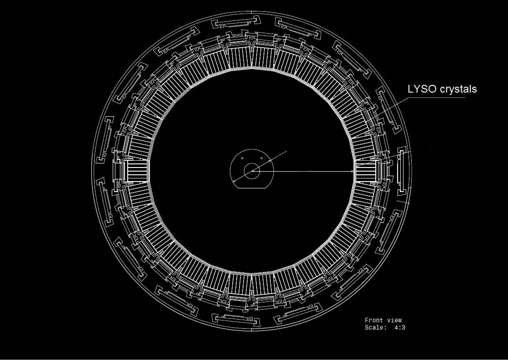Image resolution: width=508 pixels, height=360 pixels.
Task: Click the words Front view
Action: (x=383, y=320)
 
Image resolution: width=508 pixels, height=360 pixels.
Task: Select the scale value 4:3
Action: (x=400, y=328)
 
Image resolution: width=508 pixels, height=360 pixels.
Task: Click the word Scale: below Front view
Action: (x=376, y=328)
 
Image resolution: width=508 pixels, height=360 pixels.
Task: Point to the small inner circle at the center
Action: (x=252, y=171)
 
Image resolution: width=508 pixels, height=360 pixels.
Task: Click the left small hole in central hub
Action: (x=242, y=158)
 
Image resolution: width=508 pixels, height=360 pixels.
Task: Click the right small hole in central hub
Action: (x=261, y=158)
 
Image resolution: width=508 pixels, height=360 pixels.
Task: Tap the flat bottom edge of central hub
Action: (x=252, y=188)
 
